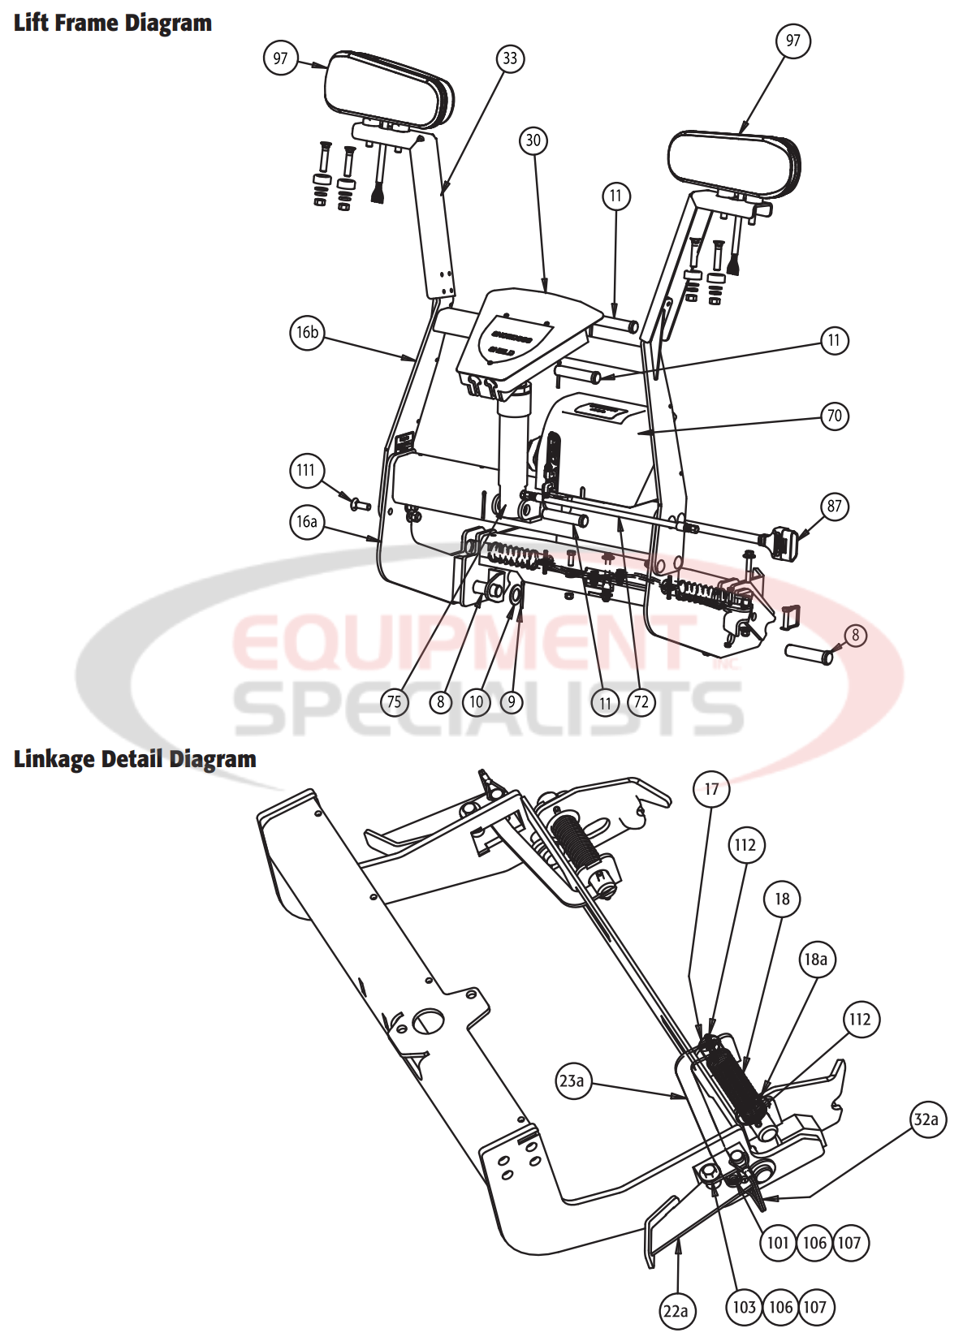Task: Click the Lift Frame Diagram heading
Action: click(x=112, y=23)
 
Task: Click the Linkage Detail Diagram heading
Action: click(x=135, y=759)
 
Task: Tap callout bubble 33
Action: click(x=510, y=58)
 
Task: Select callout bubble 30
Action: click(x=533, y=140)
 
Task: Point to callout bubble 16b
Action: click(x=307, y=332)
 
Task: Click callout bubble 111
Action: click(x=306, y=470)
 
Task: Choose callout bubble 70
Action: click(x=835, y=416)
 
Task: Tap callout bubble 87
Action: click(x=835, y=507)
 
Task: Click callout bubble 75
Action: click(x=394, y=702)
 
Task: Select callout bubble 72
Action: click(x=641, y=702)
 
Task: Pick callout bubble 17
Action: click(x=711, y=789)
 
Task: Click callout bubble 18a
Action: click(x=816, y=960)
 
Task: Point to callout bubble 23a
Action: click(x=572, y=1081)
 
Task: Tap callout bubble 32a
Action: click(x=926, y=1120)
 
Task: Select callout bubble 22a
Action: click(x=676, y=1311)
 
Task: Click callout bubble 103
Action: click(x=744, y=1307)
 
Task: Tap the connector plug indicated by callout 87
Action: click(x=781, y=542)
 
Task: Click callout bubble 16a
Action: click(x=307, y=521)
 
